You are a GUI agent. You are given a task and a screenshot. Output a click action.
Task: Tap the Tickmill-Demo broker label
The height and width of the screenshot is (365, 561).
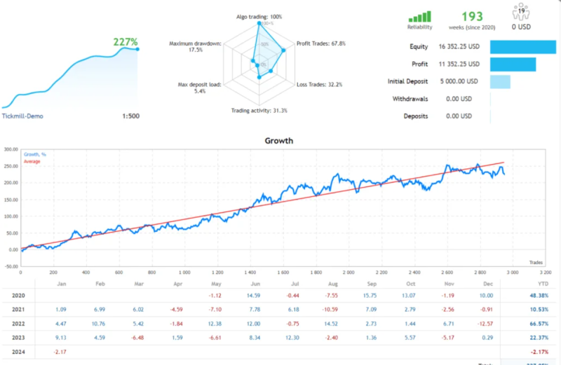point(22,116)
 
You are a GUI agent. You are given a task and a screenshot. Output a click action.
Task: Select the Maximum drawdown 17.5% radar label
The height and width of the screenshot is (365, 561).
point(196,47)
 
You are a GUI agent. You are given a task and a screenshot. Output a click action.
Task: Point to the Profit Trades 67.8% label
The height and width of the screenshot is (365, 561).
point(320,43)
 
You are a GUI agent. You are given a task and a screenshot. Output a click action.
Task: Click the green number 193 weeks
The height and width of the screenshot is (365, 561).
point(471,16)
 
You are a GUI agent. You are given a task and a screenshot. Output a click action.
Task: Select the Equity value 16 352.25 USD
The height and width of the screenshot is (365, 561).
point(459,47)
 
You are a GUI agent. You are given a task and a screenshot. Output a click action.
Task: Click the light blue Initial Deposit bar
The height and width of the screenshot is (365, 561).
point(500,81)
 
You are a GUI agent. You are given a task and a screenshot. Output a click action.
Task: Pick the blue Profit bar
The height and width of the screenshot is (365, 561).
point(513,64)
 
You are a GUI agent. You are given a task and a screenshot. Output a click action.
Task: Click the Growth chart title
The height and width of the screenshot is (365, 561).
point(278,141)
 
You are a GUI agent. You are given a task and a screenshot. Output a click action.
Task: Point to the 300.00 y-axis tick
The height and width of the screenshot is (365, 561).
point(10,149)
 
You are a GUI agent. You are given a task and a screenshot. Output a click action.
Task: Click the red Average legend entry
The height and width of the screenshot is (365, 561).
point(32,162)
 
